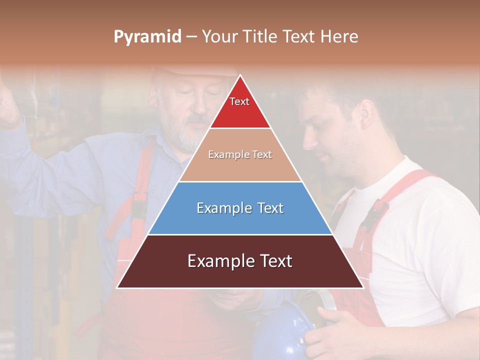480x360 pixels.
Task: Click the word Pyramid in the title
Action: pyautogui.click(x=147, y=37)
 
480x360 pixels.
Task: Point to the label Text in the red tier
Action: pyautogui.click(x=239, y=101)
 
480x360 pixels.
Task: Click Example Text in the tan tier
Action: pyautogui.click(x=240, y=154)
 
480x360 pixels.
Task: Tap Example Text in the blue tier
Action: pyautogui.click(x=240, y=208)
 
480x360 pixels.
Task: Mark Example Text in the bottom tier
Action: pyautogui.click(x=240, y=261)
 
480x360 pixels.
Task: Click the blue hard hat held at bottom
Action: pyautogui.click(x=282, y=332)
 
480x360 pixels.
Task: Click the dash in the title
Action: pyautogui.click(x=191, y=37)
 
